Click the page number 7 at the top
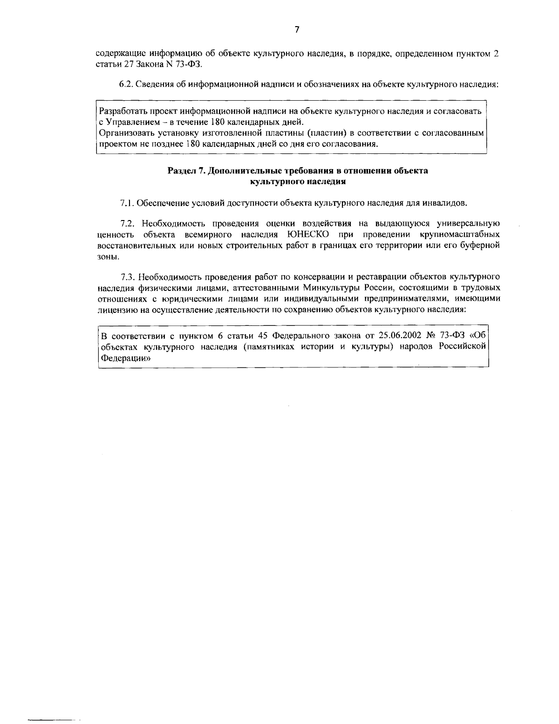(297, 30)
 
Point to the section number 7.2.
(127, 224)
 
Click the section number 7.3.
(127, 276)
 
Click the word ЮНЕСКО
(300, 234)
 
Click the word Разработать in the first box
(123, 112)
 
